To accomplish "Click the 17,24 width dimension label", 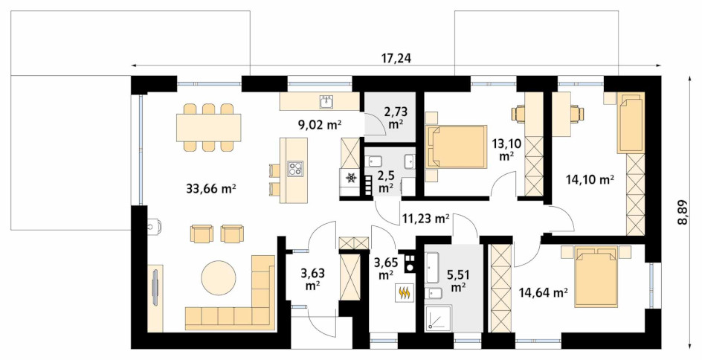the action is (396, 59).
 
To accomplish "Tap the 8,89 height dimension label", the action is (683, 213).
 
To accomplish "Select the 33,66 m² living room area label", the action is (211, 188).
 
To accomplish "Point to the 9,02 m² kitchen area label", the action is (320, 125).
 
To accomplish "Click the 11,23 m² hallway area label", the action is (425, 219).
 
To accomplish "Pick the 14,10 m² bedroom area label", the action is (589, 180).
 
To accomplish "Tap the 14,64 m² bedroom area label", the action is (543, 293).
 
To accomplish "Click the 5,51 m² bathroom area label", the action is (457, 280).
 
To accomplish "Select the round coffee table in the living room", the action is (219, 277).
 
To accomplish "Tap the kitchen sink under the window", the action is (325, 102).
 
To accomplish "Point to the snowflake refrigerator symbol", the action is (351, 179).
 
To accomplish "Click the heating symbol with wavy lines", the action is (405, 293).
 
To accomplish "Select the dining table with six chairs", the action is (209, 128).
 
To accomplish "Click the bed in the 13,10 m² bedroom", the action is (456, 147).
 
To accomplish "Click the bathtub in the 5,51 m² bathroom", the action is (432, 268).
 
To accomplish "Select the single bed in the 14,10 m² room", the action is (631, 123).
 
